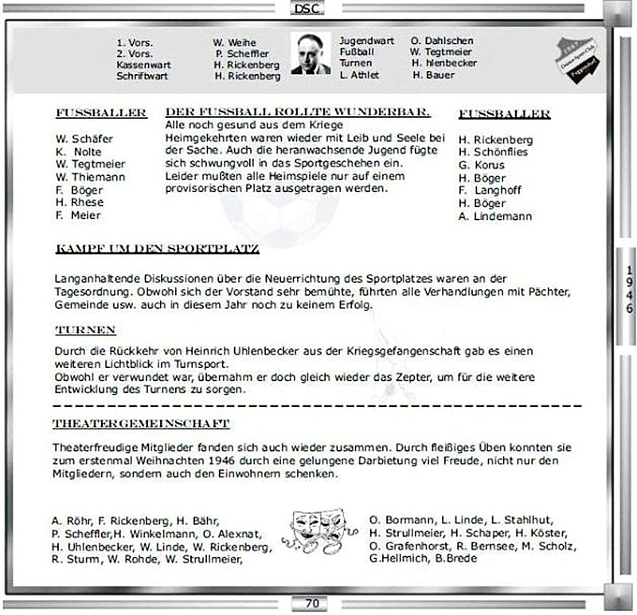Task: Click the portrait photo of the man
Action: pyautogui.click(x=311, y=54)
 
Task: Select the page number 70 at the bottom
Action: pyautogui.click(x=312, y=604)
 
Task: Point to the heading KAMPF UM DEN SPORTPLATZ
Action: pyautogui.click(x=157, y=249)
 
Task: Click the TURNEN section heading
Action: pyautogui.click(x=85, y=330)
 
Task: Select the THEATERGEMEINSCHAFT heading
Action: pyautogui.click(x=141, y=423)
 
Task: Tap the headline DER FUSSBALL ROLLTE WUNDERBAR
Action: pyautogui.click(x=297, y=112)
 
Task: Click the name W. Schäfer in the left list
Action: pyautogui.click(x=84, y=139)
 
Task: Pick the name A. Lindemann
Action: pyautogui.click(x=495, y=216)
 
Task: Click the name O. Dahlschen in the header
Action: pyautogui.click(x=442, y=40)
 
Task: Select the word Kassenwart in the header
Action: pyautogui.click(x=143, y=64)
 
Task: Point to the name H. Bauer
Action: pyautogui.click(x=434, y=75)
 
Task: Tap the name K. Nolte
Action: pyautogui.click(x=79, y=151)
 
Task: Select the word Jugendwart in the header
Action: pyautogui.click(x=367, y=40)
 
